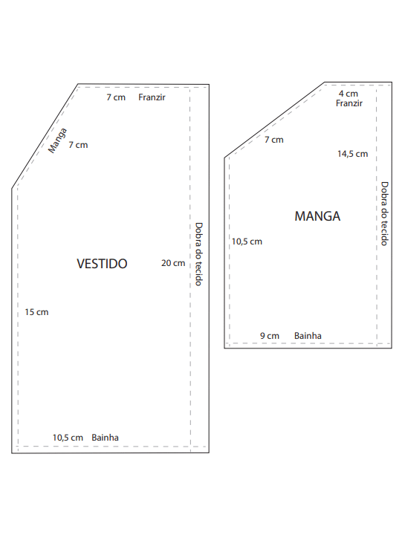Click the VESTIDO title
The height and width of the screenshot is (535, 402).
(x=102, y=264)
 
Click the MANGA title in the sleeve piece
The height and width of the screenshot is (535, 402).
(x=317, y=216)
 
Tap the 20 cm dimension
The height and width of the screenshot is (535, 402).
(x=173, y=263)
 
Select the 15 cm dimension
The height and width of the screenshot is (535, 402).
(x=36, y=312)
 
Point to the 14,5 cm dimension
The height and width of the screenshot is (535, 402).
(x=352, y=154)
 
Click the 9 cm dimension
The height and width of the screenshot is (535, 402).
(x=270, y=336)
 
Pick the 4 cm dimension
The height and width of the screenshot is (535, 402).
(x=348, y=94)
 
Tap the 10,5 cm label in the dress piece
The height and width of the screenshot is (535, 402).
(x=68, y=438)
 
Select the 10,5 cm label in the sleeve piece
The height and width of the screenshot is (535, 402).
(x=247, y=241)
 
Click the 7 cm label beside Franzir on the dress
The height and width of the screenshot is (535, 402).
(x=116, y=97)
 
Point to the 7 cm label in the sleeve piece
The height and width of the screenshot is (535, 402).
(x=274, y=140)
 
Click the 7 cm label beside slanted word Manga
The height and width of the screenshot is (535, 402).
(x=78, y=145)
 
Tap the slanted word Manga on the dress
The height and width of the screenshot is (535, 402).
(x=57, y=140)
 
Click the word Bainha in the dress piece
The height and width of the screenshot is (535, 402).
(x=105, y=438)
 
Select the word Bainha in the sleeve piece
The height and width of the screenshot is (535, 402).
(x=308, y=336)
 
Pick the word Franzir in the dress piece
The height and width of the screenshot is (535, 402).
(x=152, y=97)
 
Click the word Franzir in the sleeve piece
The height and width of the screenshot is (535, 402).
(x=349, y=103)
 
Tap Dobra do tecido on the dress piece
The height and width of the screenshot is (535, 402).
(x=198, y=254)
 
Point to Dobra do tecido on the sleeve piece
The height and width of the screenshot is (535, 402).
(x=385, y=213)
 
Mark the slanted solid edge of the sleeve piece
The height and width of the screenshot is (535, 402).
(x=274, y=120)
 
